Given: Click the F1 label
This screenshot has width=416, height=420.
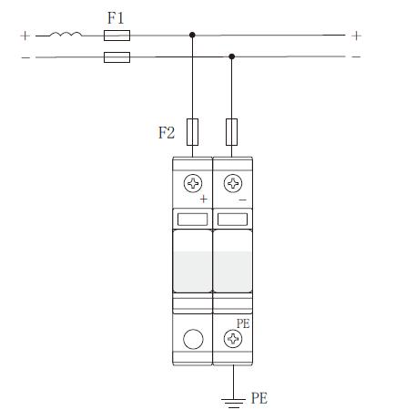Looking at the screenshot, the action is click(116, 18).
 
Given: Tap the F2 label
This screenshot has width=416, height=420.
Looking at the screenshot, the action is click(167, 133).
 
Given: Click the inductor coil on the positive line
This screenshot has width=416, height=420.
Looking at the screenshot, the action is click(66, 34).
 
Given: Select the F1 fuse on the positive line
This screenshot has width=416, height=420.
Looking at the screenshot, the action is click(117, 36).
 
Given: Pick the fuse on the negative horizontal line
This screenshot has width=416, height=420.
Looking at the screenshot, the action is click(117, 57).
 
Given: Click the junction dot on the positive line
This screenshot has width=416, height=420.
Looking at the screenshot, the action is click(192, 35).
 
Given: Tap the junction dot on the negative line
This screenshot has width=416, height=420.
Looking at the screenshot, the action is click(232, 56).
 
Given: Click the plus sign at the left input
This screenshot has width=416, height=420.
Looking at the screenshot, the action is click(25, 36).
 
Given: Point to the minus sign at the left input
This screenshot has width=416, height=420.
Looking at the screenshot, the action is click(25, 57).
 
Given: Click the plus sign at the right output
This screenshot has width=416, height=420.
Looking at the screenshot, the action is click(356, 36).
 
